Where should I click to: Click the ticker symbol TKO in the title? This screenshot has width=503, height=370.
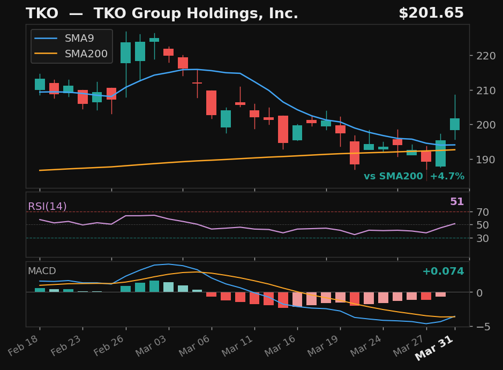click(x=42, y=13)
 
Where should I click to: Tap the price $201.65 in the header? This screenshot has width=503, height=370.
click(x=431, y=13)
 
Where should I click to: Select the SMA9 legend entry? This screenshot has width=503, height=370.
click(x=79, y=38)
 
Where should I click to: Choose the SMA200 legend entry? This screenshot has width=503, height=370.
click(x=86, y=54)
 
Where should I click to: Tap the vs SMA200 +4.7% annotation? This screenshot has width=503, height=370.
click(x=414, y=176)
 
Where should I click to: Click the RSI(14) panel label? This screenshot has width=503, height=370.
click(x=47, y=207)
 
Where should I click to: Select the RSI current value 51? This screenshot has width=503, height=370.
click(x=456, y=202)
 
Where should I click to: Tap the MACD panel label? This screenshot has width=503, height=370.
click(x=42, y=271)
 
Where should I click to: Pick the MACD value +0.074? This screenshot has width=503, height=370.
click(x=442, y=271)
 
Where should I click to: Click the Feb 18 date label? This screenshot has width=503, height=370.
click(x=22, y=351)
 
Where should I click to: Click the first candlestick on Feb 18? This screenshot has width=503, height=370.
click(x=40, y=84)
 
